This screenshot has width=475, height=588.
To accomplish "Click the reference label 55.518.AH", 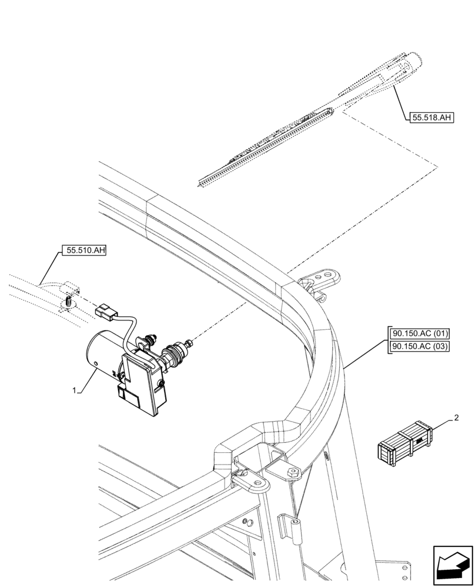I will pyautogui.click(x=431, y=118).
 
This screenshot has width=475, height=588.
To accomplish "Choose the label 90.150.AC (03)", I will pyautogui.click(x=419, y=346).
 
